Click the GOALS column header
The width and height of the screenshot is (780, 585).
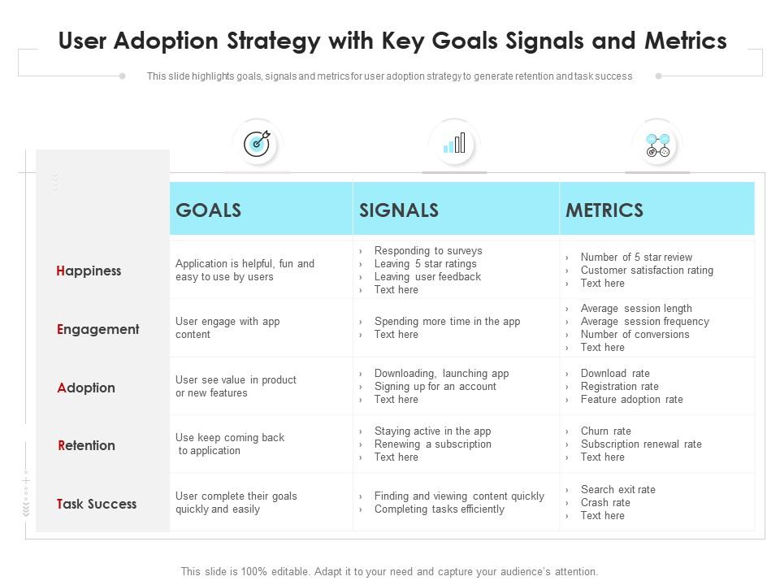209,210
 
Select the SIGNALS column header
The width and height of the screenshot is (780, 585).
399,210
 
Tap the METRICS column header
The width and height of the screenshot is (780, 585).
604,210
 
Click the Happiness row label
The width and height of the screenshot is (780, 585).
89,271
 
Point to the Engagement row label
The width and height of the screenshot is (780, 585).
98,329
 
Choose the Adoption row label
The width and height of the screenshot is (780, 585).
86,388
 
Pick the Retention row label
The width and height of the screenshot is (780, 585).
87,445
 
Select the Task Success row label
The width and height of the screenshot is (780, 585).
97,504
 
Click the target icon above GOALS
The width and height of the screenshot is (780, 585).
258,144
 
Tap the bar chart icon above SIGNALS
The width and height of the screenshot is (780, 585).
454,143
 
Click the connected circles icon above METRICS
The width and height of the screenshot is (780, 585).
657,145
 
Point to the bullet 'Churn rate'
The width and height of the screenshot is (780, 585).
606,431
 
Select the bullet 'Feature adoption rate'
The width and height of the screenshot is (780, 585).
632,400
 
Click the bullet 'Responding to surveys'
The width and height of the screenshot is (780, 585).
428,251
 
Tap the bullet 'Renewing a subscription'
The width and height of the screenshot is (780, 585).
433,444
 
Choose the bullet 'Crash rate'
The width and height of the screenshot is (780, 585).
605,502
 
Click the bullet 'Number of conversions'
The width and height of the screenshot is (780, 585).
635,334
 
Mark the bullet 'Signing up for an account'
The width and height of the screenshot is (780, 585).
435,387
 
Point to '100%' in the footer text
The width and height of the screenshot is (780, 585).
253,571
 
